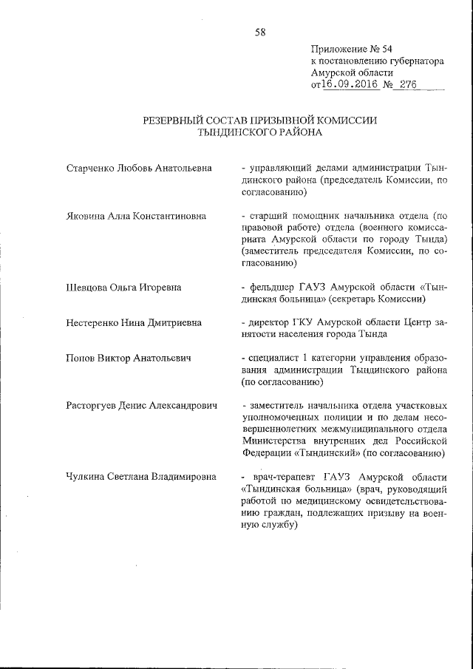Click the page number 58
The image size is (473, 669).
(x=259, y=32)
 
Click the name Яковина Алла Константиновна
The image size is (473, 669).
(x=135, y=217)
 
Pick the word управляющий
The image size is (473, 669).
(x=278, y=169)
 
